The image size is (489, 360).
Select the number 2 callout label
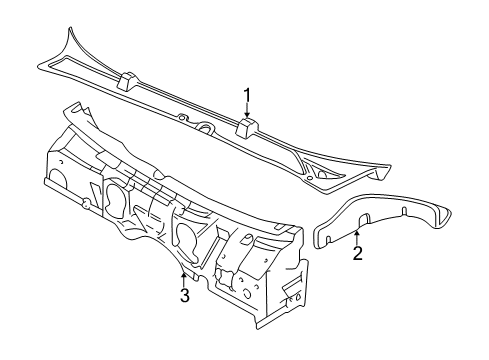click(357, 253)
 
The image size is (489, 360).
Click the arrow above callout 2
click(357, 236)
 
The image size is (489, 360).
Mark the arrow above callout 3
click(183, 276)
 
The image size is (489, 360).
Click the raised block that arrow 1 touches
click(248, 127)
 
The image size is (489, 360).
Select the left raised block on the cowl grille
click(128, 79)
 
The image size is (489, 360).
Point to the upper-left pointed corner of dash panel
click(67, 104)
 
